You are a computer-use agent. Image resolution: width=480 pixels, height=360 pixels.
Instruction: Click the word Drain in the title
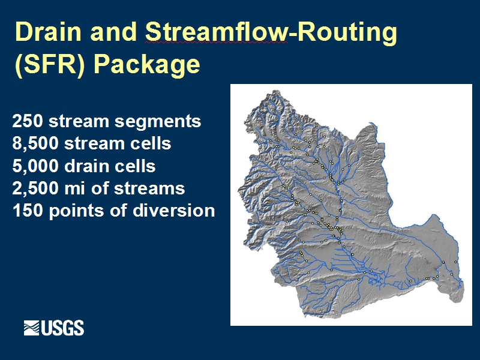point(49,32)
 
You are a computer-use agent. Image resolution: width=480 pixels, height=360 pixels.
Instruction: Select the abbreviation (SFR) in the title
point(50,64)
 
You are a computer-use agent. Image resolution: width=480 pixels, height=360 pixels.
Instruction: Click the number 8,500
point(35,143)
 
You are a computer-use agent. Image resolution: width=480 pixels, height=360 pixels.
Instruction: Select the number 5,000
point(35,166)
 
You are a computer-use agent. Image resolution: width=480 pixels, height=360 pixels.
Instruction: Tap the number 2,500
point(35,188)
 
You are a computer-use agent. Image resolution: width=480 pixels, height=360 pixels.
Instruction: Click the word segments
point(158,122)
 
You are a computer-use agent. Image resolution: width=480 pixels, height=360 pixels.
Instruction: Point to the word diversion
point(174,211)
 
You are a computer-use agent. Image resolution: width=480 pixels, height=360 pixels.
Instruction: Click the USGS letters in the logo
point(62,328)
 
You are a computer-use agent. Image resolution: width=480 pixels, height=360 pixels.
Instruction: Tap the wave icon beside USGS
point(32,328)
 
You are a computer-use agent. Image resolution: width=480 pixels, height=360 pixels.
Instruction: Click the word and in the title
point(113,32)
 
